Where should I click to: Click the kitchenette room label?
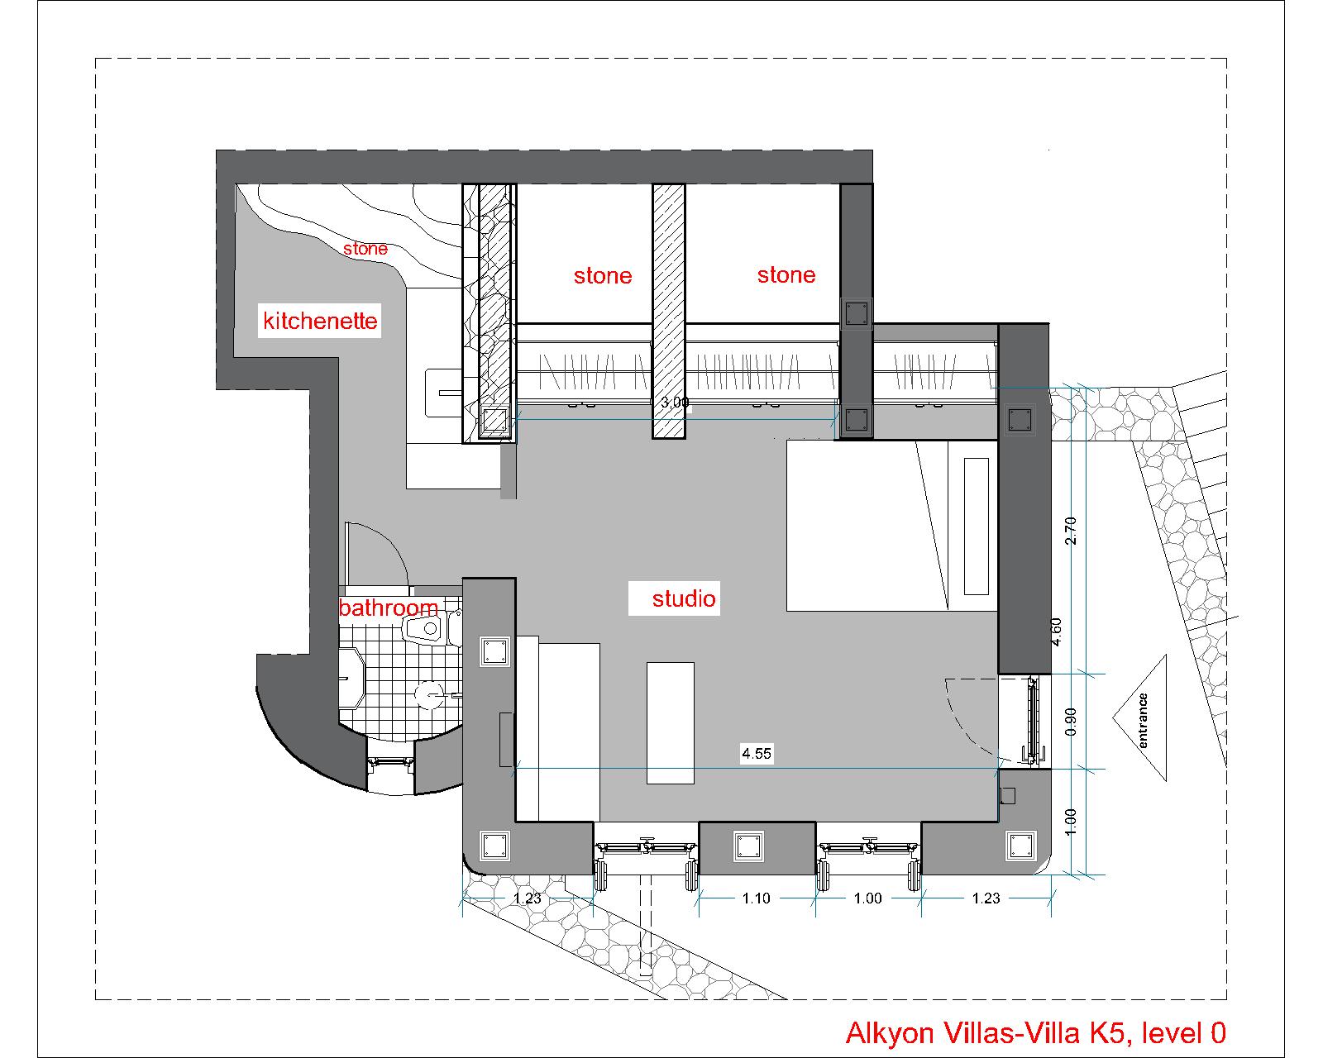(320, 321)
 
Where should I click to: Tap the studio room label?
(684, 598)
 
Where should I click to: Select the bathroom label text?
(389, 608)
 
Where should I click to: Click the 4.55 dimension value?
(756, 754)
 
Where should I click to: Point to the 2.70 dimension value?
(1070, 531)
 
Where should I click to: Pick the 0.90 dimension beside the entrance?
(1070, 721)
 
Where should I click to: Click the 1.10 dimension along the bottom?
(756, 898)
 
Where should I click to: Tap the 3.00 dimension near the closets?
(675, 403)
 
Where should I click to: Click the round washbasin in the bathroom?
(428, 694)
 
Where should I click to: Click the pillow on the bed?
(977, 527)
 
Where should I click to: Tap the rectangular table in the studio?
(670, 723)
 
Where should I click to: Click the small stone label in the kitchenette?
(365, 249)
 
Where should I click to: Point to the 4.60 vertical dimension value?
(1056, 631)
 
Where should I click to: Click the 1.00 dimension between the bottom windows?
(867, 898)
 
